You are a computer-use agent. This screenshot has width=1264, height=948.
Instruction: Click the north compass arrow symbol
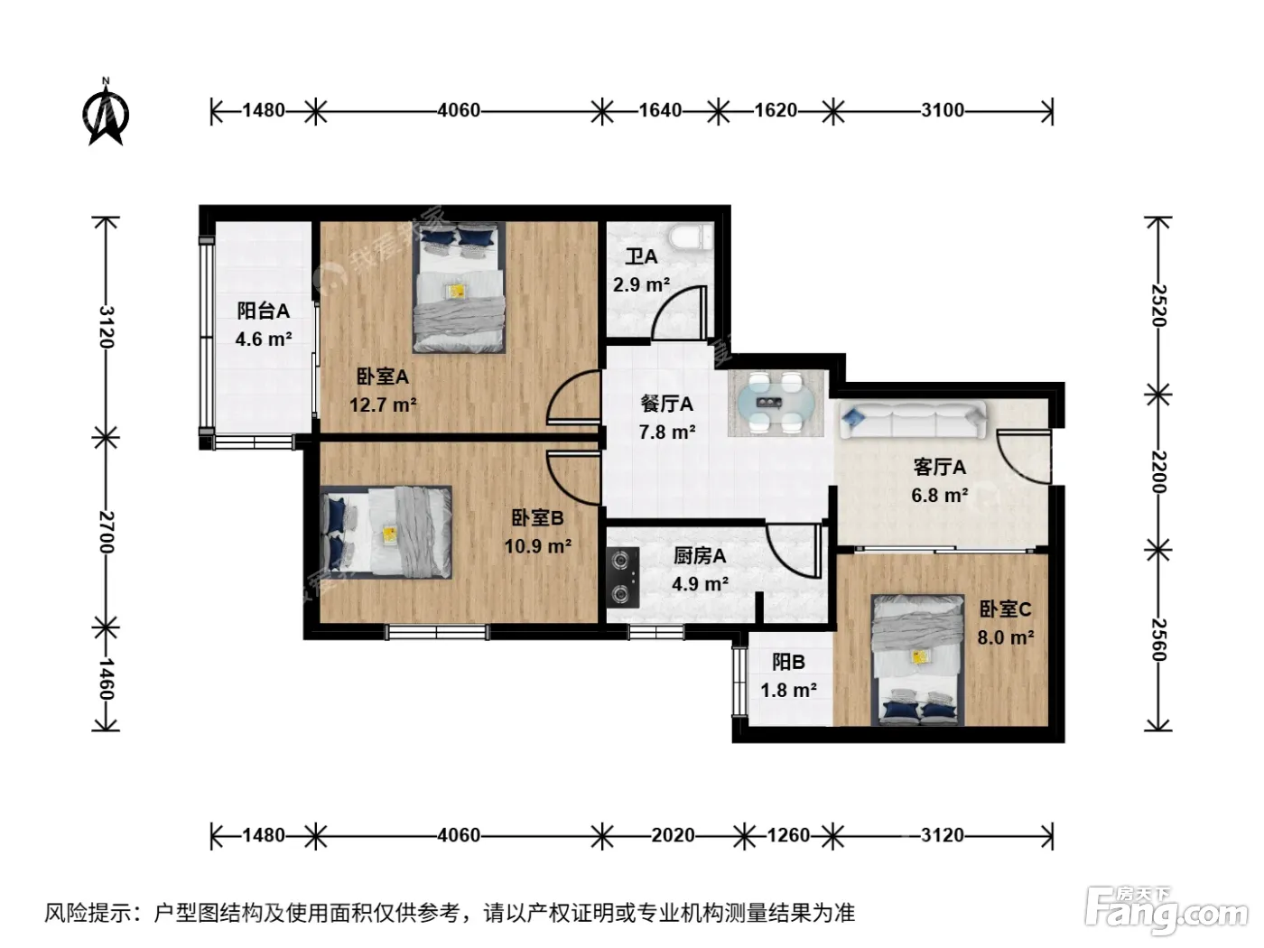click(106, 112)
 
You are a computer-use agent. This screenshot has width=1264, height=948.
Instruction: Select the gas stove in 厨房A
click(622, 578)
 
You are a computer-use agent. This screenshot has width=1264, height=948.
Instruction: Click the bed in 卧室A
click(460, 287)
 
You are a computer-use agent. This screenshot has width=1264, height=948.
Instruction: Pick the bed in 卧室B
click(386, 533)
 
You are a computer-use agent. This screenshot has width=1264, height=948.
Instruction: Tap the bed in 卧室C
click(917, 660)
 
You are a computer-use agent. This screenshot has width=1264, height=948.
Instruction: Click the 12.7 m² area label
click(383, 405)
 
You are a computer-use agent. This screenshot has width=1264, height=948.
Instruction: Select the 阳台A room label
click(263, 311)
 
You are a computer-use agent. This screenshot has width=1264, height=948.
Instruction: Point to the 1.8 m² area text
click(788, 690)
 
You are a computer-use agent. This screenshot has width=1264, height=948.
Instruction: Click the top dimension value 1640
click(660, 110)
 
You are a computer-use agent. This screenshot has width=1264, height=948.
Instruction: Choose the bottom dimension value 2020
click(674, 835)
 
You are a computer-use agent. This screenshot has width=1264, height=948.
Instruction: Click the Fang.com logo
click(1166, 910)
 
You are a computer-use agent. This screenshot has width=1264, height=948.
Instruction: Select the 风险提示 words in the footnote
click(88, 913)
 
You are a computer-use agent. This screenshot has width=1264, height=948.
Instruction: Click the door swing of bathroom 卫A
click(679, 312)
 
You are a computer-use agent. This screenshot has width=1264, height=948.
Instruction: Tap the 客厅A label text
click(940, 468)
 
